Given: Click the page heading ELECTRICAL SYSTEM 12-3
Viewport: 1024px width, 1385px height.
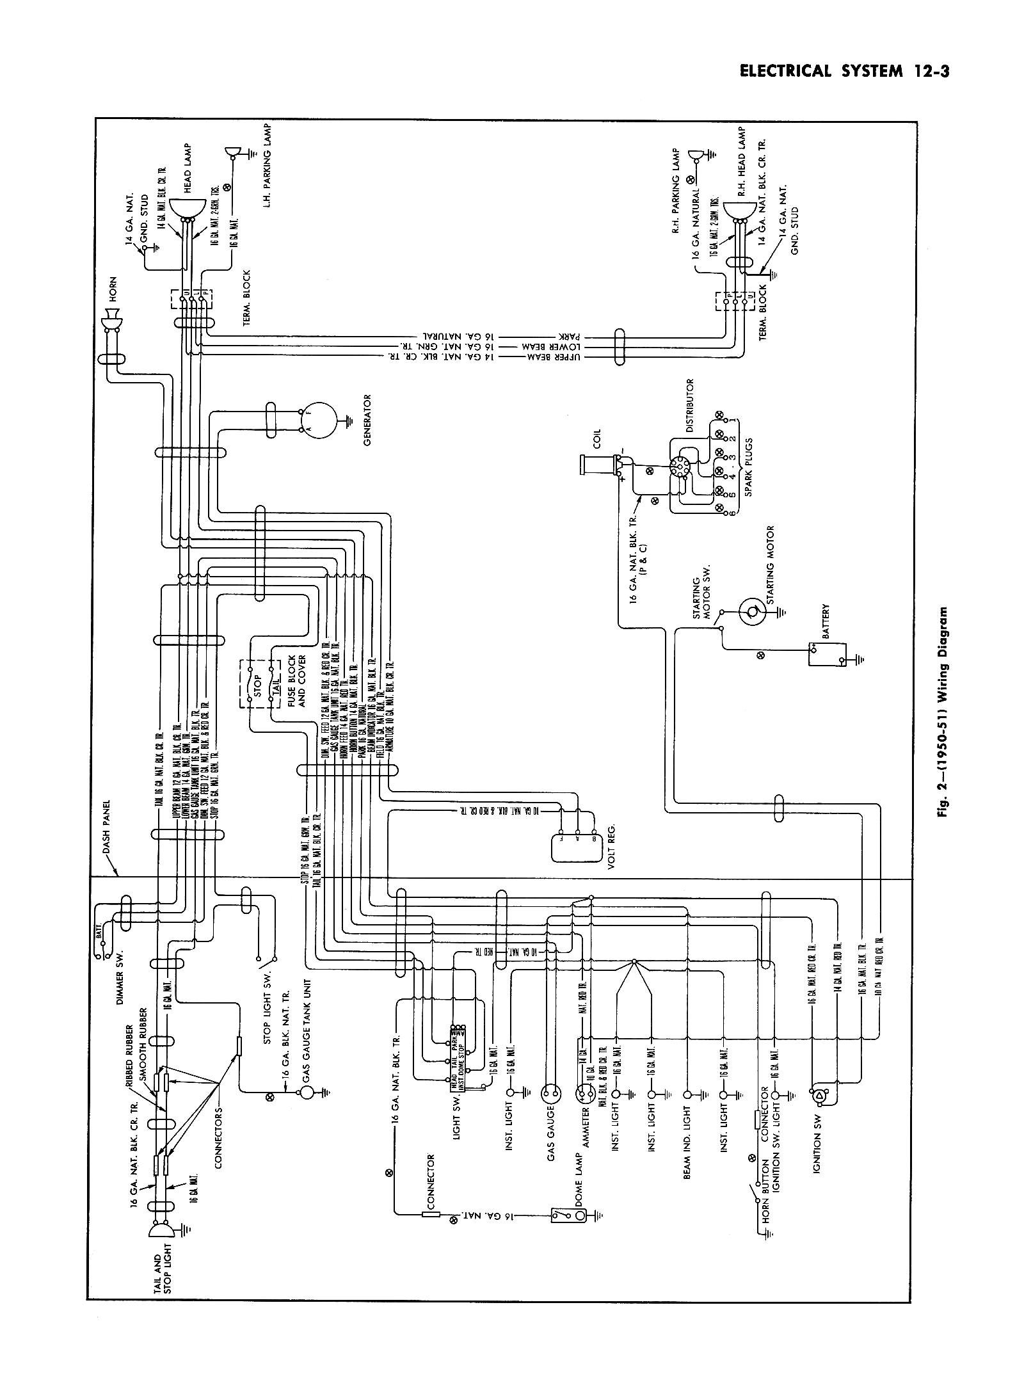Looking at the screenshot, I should click(x=843, y=71).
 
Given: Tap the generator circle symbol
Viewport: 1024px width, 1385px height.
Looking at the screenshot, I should click(x=318, y=420).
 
